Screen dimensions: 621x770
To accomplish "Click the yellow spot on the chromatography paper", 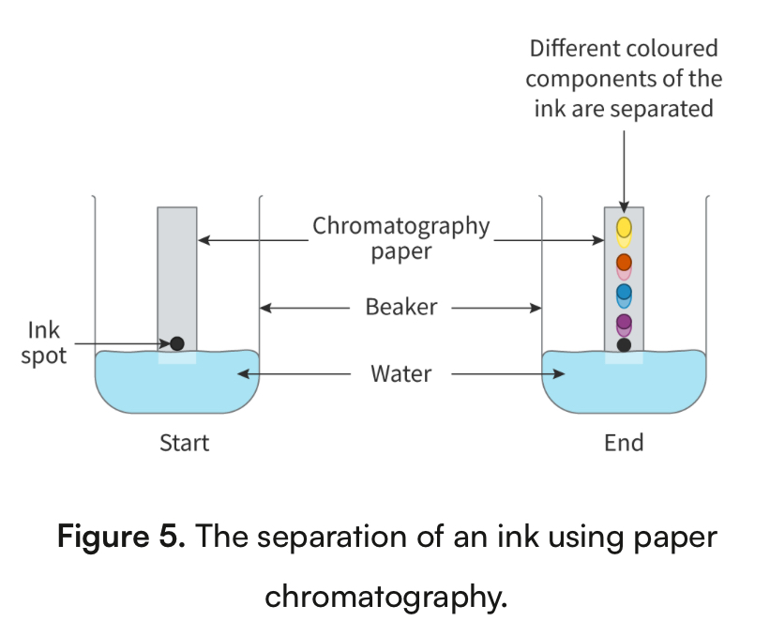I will point(624,229).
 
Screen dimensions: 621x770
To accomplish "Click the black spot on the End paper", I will point(624,344).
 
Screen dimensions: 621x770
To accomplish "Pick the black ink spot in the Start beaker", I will point(177,343).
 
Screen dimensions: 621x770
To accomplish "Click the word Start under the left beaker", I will point(184,442).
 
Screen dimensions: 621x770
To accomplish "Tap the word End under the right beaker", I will point(624,442).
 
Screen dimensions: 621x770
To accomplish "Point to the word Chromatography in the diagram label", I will point(400,227).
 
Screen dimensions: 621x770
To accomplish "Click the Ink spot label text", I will point(44,343).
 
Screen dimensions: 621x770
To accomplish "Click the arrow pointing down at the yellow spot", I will point(624,169).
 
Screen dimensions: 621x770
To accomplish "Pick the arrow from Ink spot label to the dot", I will point(122,344).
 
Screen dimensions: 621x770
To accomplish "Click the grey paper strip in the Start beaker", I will point(177,272).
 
